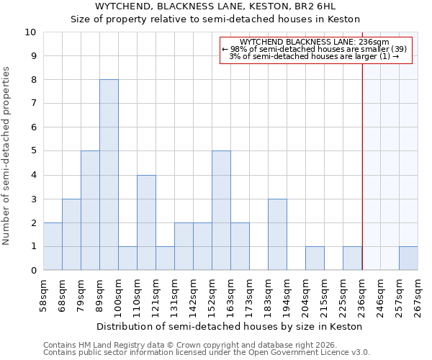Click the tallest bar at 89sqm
[109, 175]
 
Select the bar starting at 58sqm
[53, 246]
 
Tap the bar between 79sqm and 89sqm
[90, 210]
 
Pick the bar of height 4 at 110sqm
[146, 222]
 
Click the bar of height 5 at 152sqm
[221, 210]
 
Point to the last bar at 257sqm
[408, 258]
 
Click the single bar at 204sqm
[315, 258]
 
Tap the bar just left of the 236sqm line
[352, 258]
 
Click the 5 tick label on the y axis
[32, 151]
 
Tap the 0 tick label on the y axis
[32, 270]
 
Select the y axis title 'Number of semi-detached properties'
[6, 156]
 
